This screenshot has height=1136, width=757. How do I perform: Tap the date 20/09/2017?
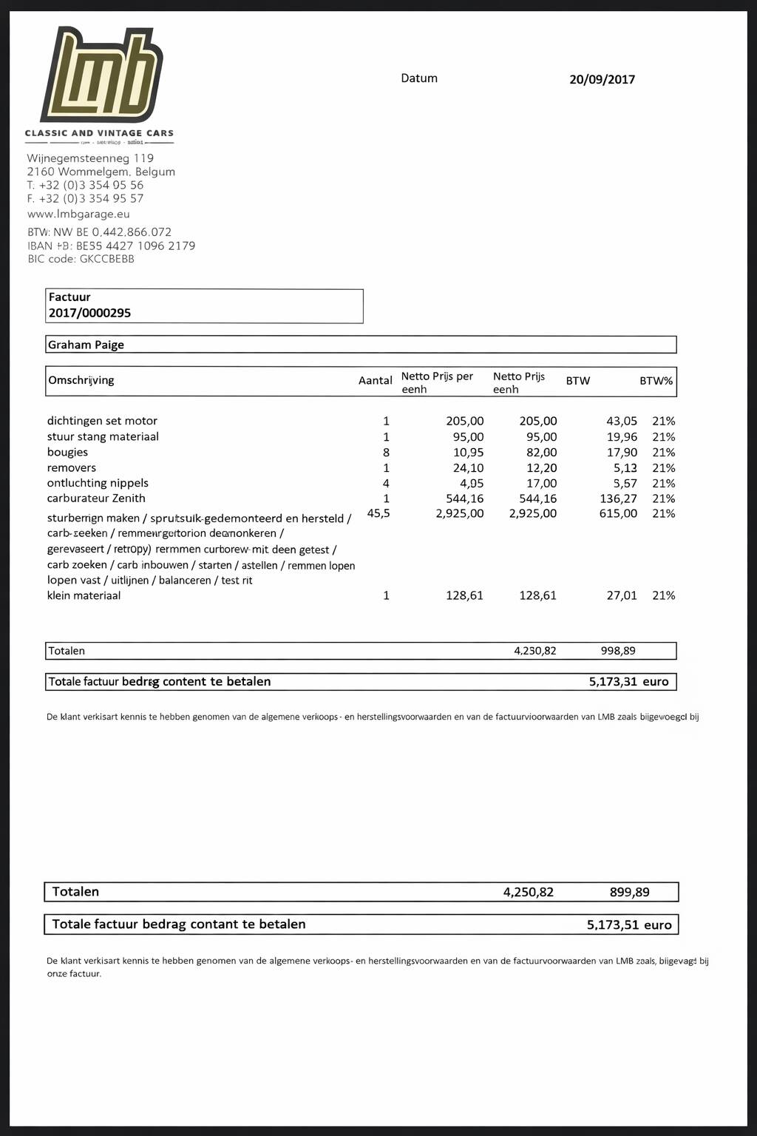click(602, 80)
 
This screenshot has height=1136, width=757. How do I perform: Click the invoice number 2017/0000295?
click(89, 313)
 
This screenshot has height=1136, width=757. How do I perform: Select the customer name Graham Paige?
click(86, 345)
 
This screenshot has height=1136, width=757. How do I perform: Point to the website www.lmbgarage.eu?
click(78, 214)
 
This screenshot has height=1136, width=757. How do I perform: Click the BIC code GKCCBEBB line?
click(81, 259)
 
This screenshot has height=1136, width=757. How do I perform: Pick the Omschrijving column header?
click(81, 380)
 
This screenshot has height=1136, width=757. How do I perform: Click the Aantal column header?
click(375, 380)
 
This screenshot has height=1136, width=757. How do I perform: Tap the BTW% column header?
click(656, 381)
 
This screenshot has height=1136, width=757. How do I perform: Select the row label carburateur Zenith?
click(96, 498)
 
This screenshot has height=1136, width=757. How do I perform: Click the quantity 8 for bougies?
click(386, 453)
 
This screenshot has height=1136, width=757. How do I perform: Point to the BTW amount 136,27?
click(618, 498)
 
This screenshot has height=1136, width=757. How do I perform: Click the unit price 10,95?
click(468, 453)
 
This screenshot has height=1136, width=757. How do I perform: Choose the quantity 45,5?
click(378, 513)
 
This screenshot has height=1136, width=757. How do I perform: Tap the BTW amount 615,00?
click(618, 513)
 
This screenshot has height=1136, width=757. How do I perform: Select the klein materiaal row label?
click(84, 595)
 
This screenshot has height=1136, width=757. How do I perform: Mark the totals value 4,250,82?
click(528, 892)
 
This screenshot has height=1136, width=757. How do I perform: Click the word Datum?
click(419, 78)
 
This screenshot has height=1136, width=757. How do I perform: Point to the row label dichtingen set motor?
click(102, 421)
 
